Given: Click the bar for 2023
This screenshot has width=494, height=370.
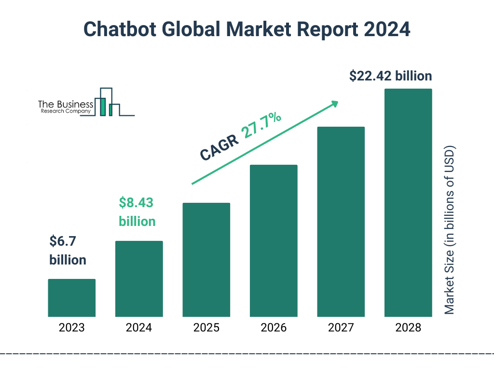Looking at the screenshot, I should coord(71,298).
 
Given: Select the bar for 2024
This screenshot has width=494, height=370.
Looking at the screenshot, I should coord(139,279).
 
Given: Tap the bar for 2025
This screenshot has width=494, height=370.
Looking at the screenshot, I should coord(206,260).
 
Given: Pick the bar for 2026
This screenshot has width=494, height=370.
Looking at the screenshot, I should coord(274,241).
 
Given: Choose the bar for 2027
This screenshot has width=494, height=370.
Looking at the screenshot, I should coord(341,222).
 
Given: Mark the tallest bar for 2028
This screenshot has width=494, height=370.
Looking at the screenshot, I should coord(408,203).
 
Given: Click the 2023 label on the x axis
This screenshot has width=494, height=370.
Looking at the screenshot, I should coord(71,328).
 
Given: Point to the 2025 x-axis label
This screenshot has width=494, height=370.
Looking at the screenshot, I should coord(206,328).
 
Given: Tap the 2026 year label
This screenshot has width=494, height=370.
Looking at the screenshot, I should coord(274,328).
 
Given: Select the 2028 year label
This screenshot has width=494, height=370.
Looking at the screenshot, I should coord(408,328).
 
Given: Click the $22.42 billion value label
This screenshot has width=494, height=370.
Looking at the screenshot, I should coord(390,76).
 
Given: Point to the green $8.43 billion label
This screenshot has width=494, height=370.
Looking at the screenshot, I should coord(137,212).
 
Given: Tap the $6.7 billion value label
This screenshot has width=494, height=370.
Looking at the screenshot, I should coord(68,250).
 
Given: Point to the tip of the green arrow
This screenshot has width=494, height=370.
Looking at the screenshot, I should coord(337,102).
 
